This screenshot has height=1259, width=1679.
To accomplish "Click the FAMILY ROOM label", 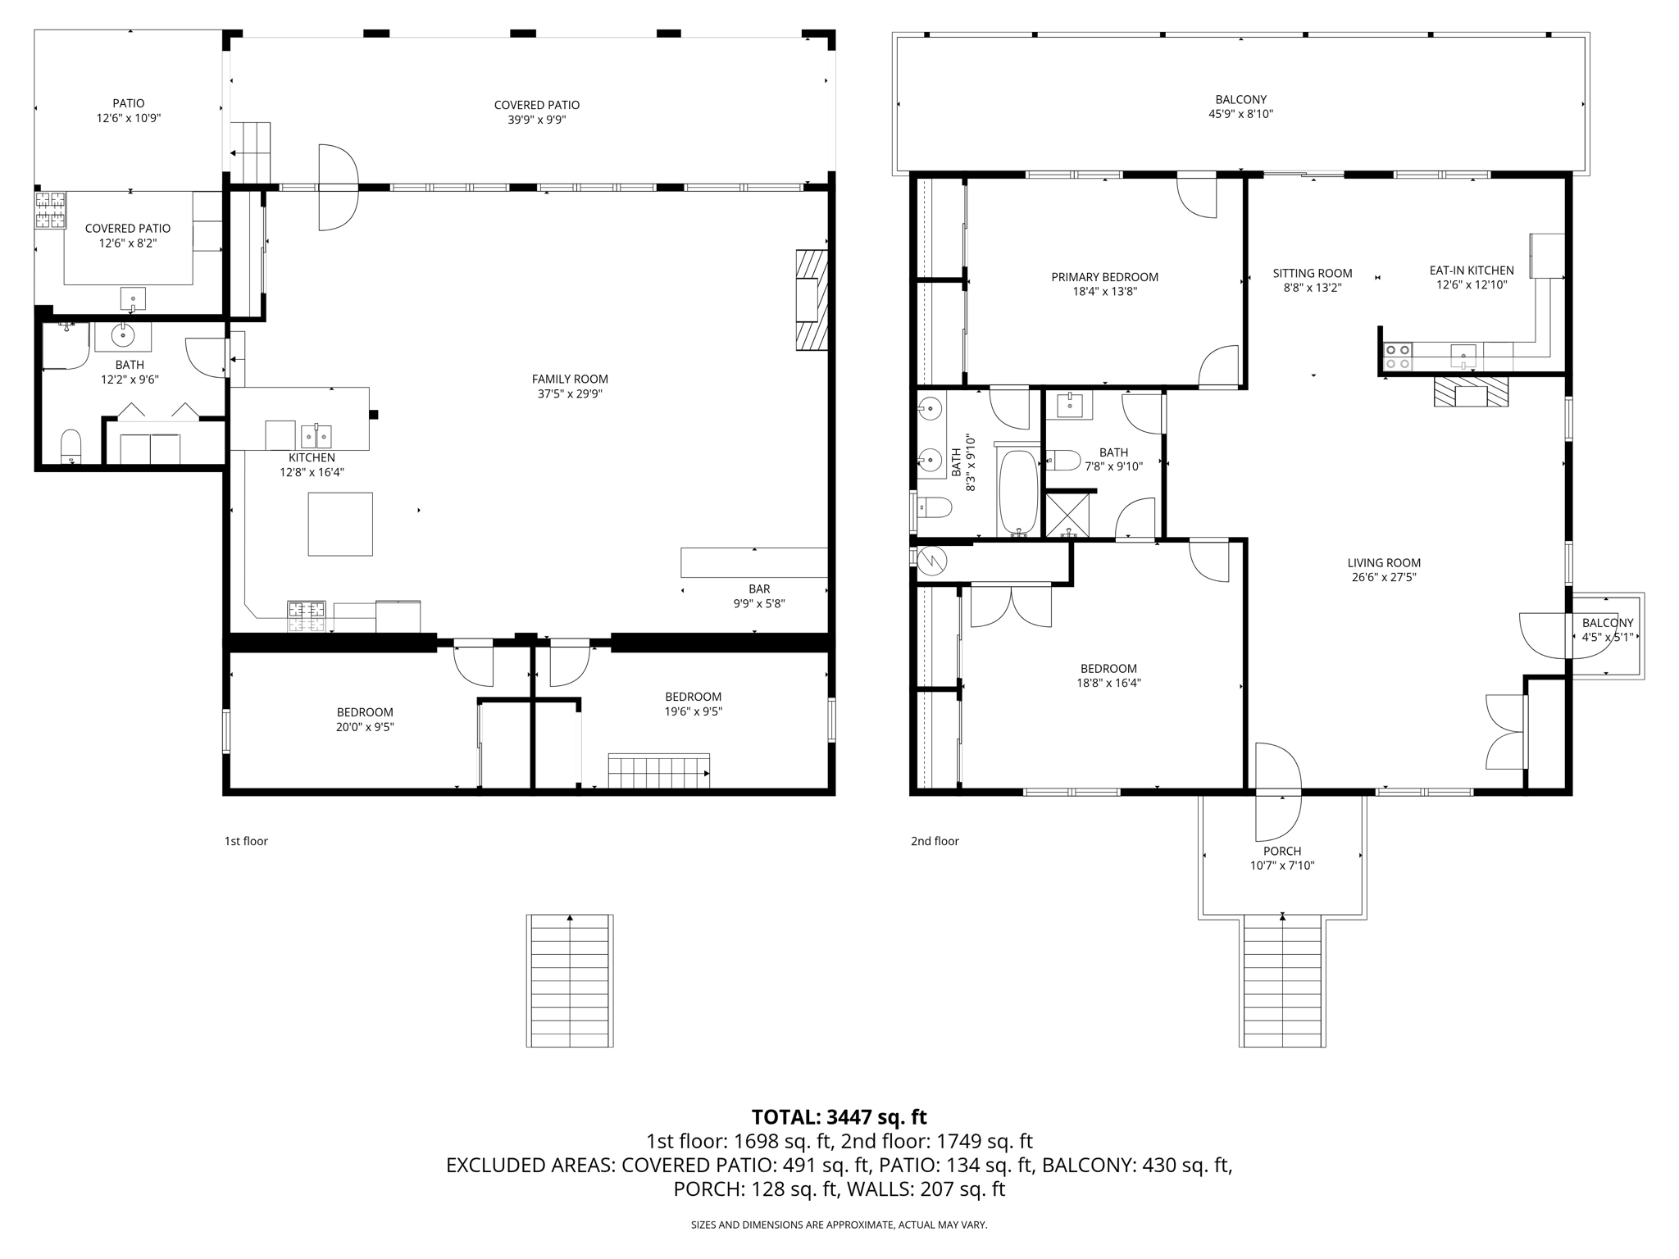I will point(570,379).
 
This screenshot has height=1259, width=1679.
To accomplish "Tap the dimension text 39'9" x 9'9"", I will point(537,120).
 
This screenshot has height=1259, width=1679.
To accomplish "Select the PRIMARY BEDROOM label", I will point(1104,277).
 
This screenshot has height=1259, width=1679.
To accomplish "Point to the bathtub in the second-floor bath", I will point(1018,492).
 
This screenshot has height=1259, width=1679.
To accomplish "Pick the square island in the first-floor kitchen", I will point(340,524).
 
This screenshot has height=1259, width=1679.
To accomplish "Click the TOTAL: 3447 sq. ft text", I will point(839,1117).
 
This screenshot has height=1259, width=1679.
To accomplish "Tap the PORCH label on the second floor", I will point(1282,851).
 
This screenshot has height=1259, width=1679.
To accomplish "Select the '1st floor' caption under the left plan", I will point(246,841).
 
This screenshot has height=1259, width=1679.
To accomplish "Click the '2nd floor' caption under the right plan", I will point(935,841).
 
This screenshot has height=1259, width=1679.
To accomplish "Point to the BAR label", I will point(759,589).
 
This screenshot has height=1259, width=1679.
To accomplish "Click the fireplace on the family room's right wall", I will point(811,300).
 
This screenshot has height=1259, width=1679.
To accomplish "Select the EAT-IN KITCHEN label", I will point(1472,270).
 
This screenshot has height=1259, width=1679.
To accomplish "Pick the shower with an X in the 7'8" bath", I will point(1067,515).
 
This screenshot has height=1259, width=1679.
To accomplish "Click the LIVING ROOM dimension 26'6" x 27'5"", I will point(1384,577).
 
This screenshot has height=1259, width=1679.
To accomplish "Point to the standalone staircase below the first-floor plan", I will point(570,980).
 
